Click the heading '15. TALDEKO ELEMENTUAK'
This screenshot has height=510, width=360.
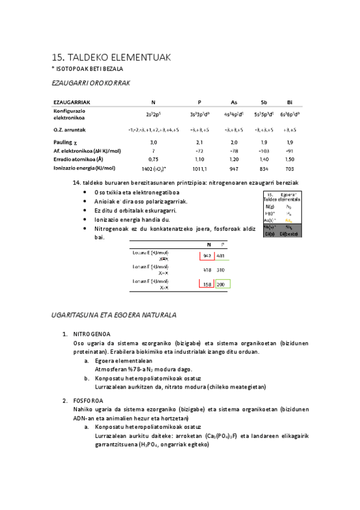(112, 57)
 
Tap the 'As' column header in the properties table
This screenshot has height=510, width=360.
(234, 103)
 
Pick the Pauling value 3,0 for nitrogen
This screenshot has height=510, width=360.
(153, 141)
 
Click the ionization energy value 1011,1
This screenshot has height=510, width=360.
(200, 168)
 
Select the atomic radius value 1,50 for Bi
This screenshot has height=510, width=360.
(290, 159)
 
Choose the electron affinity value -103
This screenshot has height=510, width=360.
(264, 150)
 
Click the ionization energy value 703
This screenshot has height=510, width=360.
(290, 168)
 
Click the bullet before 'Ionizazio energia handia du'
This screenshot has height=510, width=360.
(84, 220)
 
